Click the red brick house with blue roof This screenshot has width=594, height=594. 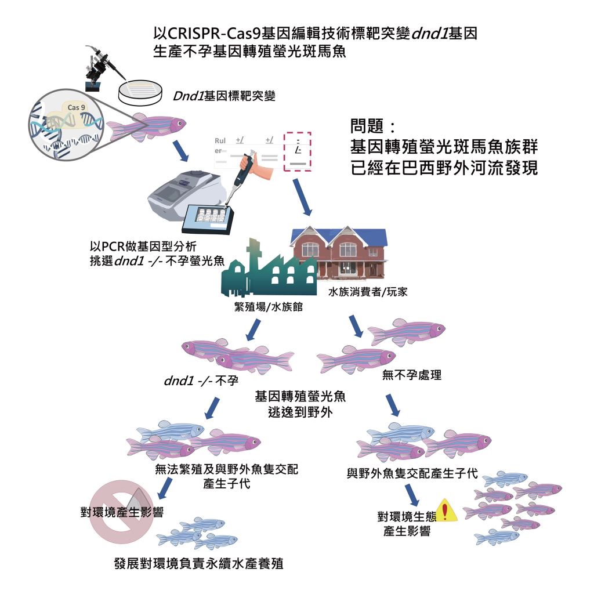pyautogui.click(x=339, y=252)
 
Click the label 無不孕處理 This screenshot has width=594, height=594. pyautogui.click(x=412, y=375)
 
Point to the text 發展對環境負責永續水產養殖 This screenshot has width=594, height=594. pyautogui.click(x=199, y=563)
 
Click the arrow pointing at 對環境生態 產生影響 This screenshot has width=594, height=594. pyautogui.click(x=412, y=494)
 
